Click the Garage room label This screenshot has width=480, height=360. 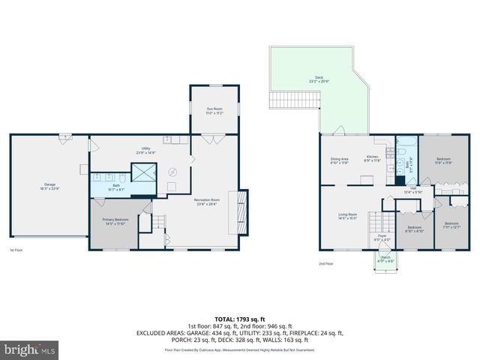click(x=49, y=185)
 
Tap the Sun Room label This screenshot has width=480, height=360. click(x=214, y=110)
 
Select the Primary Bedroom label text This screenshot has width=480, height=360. click(x=116, y=222)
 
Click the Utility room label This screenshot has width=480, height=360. click(x=145, y=151)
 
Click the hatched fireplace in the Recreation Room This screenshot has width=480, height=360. click(x=240, y=212)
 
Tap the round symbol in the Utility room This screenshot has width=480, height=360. click(x=172, y=172)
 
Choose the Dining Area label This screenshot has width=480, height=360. click(x=340, y=160)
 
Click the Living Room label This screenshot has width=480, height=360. click(x=346, y=216)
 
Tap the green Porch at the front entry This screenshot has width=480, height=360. click(x=385, y=259)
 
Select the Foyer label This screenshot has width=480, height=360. click(x=381, y=238)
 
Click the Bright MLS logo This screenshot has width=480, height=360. click(x=30, y=349)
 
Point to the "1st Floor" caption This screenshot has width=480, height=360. click(x=15, y=250)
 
